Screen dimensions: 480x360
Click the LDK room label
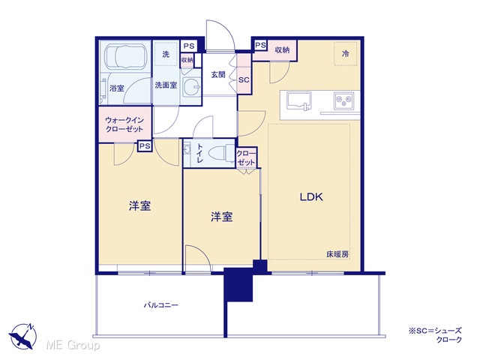click(311, 196)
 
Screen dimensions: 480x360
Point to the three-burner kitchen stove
click(343, 100)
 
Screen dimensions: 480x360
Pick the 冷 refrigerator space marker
click(345, 54)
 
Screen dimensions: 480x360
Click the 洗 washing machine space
click(166, 55)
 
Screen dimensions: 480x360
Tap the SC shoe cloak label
click(244, 80)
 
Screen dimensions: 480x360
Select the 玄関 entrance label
click(218, 74)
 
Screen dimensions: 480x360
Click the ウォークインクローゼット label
click(124, 124)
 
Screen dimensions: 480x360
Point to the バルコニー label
click(161, 305)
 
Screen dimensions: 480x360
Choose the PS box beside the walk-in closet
click(145, 146)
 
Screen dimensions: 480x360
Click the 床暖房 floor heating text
click(337, 254)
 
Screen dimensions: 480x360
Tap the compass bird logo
click(22, 336)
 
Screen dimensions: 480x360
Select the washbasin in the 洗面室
click(191, 87)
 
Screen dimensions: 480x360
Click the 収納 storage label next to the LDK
click(282, 50)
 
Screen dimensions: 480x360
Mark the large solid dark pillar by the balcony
click(238, 284)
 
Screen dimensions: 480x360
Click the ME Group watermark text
click(73, 345)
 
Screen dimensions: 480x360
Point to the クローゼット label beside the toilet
click(246, 158)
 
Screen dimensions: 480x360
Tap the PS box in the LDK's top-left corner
click(260, 45)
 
